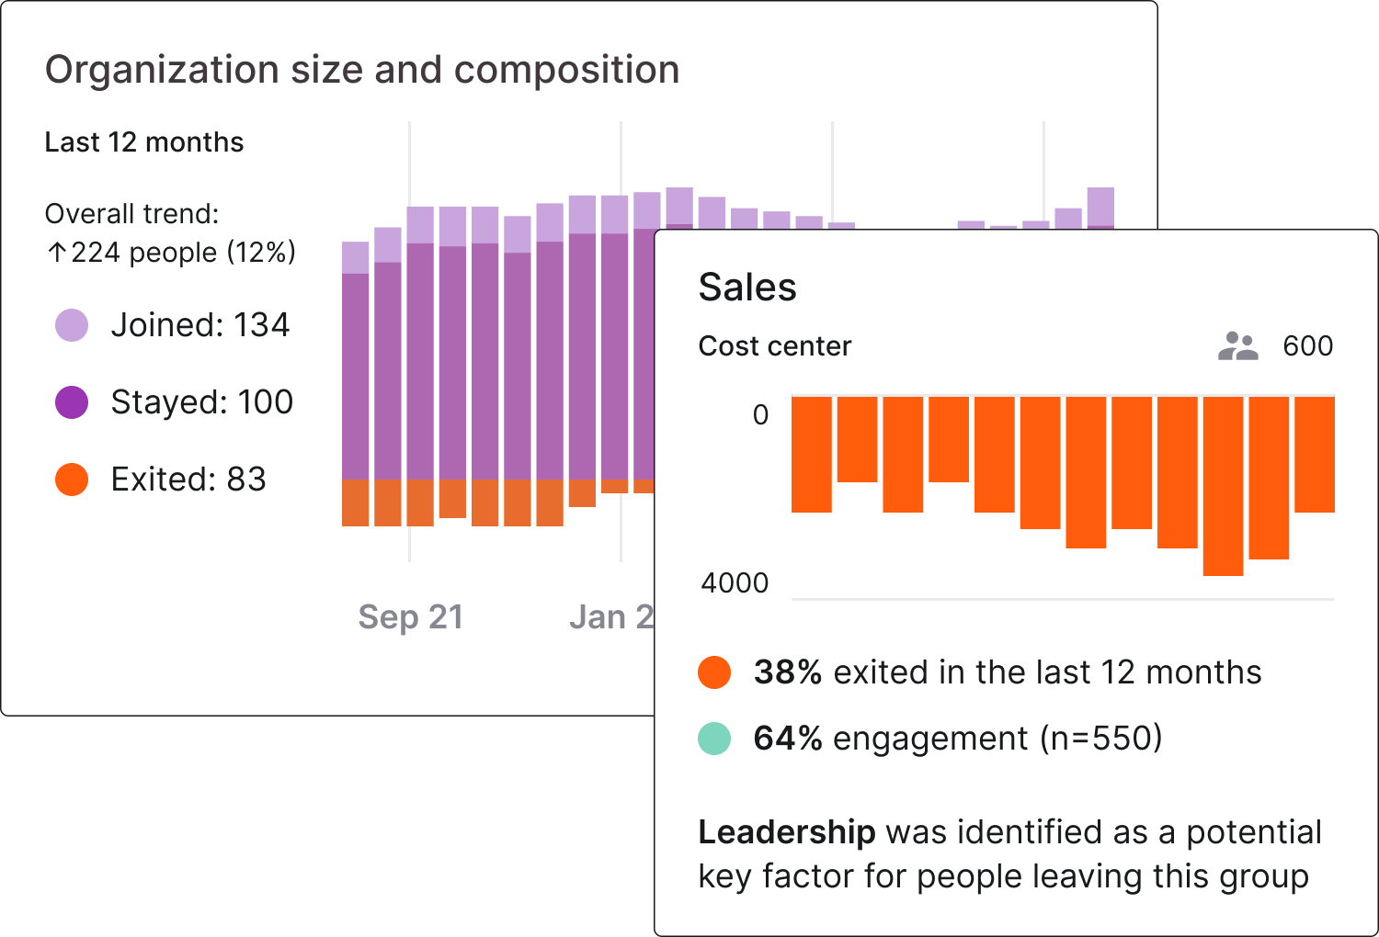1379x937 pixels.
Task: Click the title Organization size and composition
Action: (x=362, y=70)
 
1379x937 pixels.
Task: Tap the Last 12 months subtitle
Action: (x=144, y=142)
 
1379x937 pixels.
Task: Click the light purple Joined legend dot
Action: (x=72, y=325)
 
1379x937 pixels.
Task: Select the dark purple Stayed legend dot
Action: (x=72, y=402)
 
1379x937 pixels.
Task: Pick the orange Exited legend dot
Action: (x=72, y=480)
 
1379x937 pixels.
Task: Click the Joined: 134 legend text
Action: (x=199, y=325)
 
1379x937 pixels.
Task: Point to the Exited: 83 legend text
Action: (x=188, y=480)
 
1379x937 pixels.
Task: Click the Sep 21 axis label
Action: (x=410, y=617)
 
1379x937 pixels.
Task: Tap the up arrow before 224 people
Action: (x=57, y=253)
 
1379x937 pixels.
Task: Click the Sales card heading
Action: (x=747, y=288)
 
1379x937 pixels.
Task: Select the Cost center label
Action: (x=775, y=346)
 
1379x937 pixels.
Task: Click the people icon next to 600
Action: (x=1237, y=346)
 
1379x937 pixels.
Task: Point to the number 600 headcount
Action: (x=1307, y=346)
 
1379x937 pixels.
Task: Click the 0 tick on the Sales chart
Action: (x=760, y=415)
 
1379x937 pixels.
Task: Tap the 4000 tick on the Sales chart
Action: (x=735, y=583)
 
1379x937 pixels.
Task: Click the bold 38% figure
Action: (x=787, y=672)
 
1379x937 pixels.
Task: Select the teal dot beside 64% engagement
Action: (x=714, y=739)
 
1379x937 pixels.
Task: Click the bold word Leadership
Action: (x=786, y=832)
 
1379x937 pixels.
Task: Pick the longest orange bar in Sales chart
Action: (x=1223, y=487)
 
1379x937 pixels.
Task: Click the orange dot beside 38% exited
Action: (x=714, y=672)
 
